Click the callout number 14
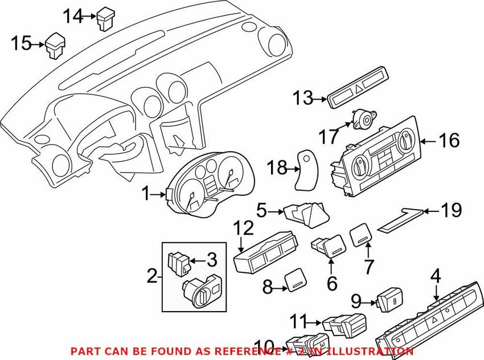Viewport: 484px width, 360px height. click(x=72, y=17)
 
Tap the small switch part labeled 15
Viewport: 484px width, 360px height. click(x=56, y=46)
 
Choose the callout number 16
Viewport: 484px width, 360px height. click(x=448, y=140)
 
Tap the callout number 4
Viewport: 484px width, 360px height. click(x=436, y=278)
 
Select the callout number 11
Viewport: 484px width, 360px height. click(x=300, y=321)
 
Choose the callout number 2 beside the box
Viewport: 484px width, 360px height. click(x=151, y=277)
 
